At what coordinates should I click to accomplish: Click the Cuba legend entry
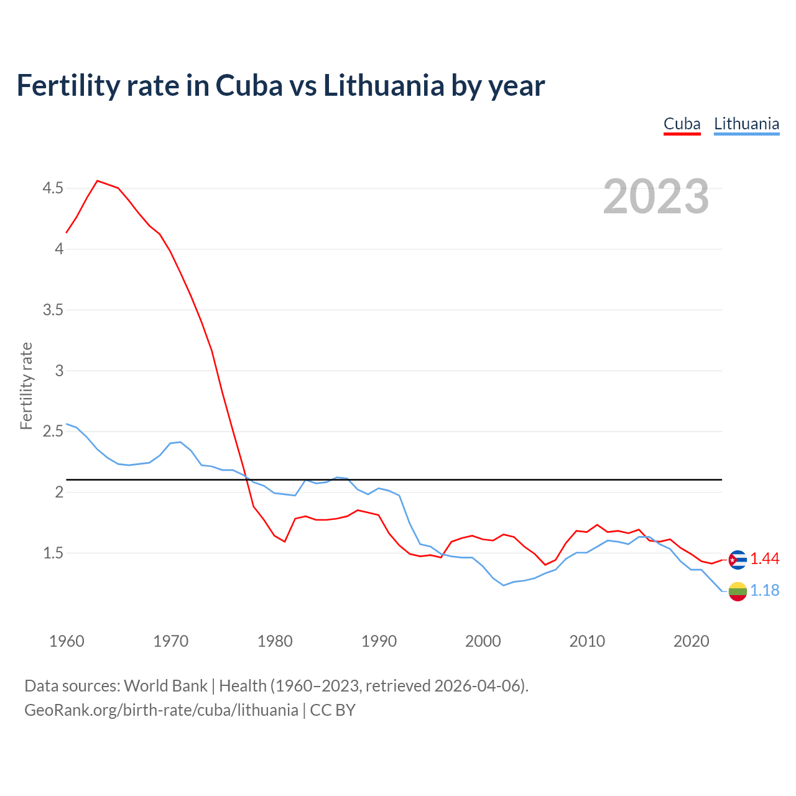682,124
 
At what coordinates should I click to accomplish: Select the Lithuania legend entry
746,124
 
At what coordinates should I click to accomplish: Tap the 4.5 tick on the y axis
53,188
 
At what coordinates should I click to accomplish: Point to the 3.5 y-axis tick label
53,310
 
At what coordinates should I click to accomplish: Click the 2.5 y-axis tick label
53,431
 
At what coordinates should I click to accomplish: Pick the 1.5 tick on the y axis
53,553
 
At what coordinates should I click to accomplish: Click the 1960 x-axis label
67,641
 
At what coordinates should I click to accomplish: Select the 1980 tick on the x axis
275,641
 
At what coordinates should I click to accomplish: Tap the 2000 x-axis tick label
483,641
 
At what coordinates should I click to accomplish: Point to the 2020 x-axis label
691,641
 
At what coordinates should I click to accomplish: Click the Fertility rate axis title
26,386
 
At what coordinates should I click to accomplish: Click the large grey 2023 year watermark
656,197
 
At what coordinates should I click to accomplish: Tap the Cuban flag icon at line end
738,560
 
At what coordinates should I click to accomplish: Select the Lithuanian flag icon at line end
738,591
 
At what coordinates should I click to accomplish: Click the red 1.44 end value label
764,559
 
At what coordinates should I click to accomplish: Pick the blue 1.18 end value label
764,591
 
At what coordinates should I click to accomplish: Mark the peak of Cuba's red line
98,181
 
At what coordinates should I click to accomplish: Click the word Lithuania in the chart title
383,86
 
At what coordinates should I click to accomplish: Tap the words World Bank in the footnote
165,686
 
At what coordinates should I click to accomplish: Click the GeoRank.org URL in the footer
161,710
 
